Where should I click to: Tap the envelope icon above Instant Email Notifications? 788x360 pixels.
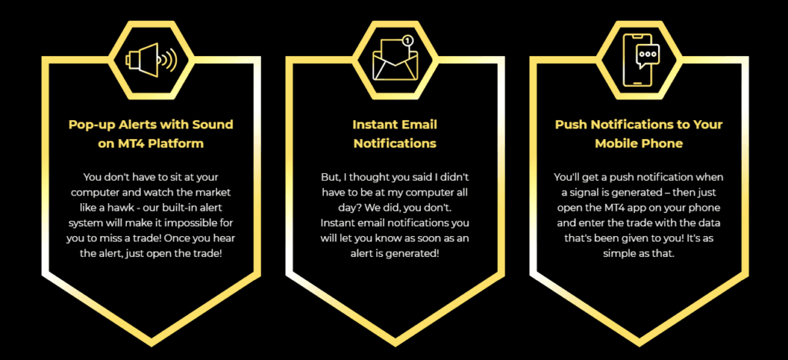tap(394, 61)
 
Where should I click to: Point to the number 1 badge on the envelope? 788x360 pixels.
tap(408, 40)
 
